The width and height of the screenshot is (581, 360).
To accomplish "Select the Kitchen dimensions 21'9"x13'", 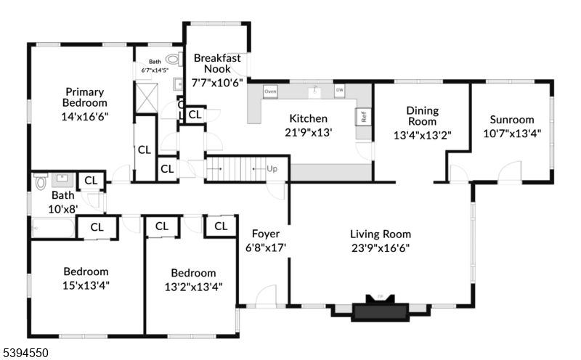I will (x=308, y=133).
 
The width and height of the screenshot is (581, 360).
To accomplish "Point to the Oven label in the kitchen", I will (x=270, y=91).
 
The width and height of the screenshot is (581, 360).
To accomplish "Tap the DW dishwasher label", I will (x=339, y=91).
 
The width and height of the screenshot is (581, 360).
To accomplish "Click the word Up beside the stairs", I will (x=272, y=168).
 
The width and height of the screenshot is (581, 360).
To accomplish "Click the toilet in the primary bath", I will (x=173, y=60).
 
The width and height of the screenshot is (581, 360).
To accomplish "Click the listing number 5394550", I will (x=26, y=352).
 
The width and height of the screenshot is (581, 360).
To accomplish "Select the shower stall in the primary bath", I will (x=145, y=97).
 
